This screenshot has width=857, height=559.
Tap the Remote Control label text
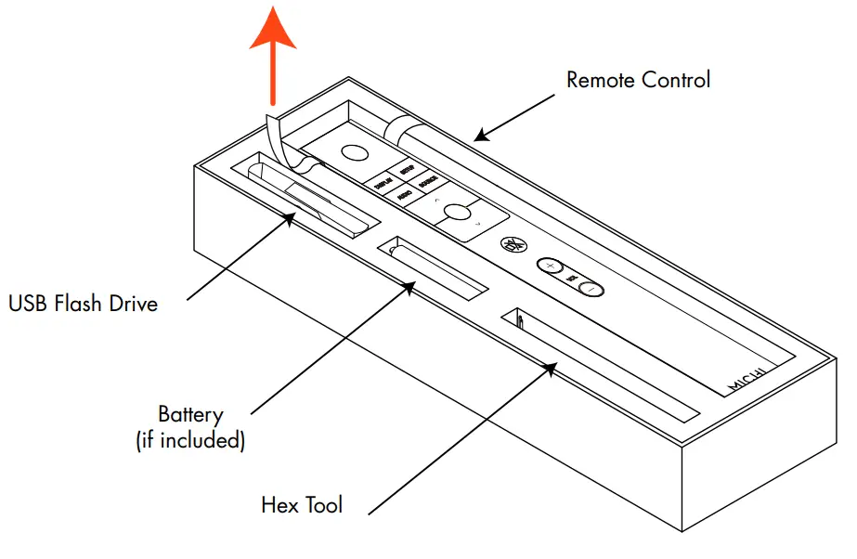pyautogui.click(x=638, y=80)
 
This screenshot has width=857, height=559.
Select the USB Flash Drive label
pyautogui.click(x=83, y=303)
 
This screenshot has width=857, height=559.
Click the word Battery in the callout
pyautogui.click(x=190, y=414)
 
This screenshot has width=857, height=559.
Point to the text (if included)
pyautogui.click(x=190, y=440)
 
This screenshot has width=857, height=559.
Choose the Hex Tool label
pyautogui.click(x=302, y=505)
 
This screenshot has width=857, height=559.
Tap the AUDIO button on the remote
pyautogui.click(x=405, y=194)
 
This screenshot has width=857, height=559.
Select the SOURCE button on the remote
pyautogui.click(x=428, y=183)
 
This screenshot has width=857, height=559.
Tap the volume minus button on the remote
pyautogui.click(x=591, y=289)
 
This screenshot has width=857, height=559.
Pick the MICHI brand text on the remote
pyautogui.click(x=746, y=379)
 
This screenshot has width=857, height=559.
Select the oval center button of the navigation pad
pyautogui.click(x=457, y=213)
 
